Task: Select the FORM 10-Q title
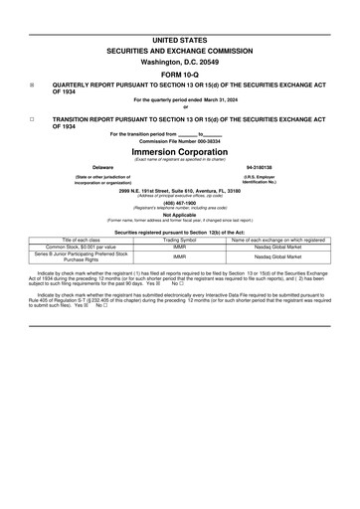180,75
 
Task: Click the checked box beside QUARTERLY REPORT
33,85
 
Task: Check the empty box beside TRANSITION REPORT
33,118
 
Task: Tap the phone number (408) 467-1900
180,203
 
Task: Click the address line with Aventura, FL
180,191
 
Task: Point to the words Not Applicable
180,214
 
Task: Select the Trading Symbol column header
180,240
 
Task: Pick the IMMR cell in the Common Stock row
180,247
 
